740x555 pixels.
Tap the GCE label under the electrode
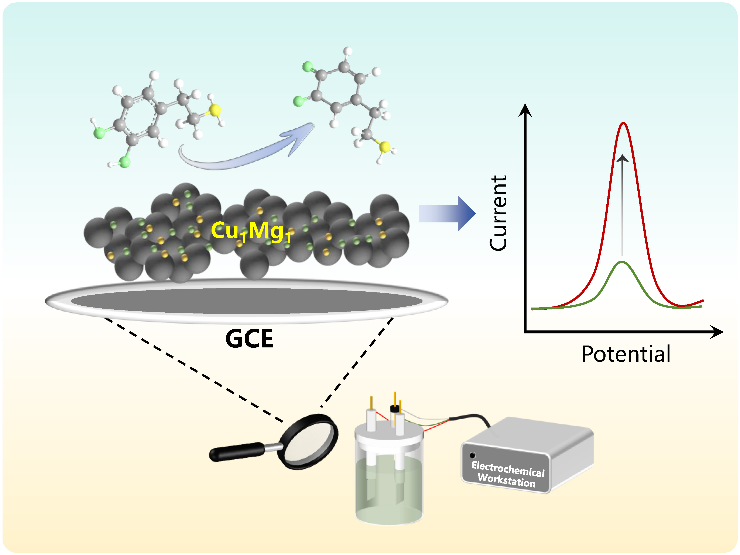pos(249,339)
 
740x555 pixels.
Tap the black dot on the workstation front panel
pos(472,455)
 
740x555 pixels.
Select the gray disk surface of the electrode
pos(247,301)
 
